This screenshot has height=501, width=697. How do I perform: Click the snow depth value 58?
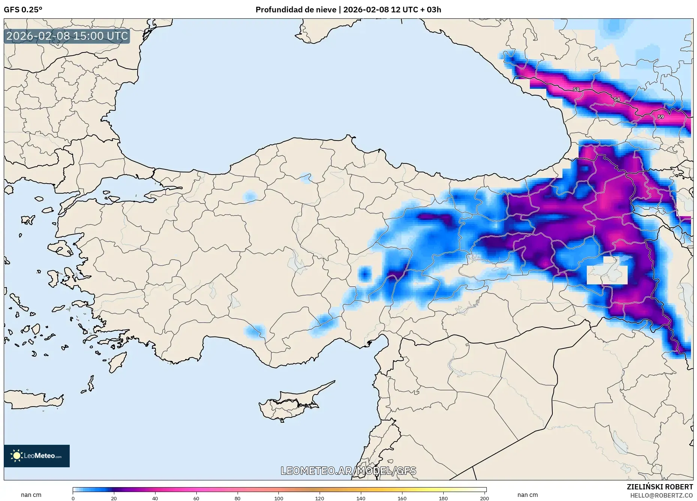(x=576, y=90)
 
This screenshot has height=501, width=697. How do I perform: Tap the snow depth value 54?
(x=617, y=99)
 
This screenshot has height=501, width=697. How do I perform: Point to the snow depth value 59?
(x=661, y=117)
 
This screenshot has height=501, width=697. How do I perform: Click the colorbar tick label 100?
(x=278, y=498)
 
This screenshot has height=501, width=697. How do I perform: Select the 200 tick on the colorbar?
(x=484, y=498)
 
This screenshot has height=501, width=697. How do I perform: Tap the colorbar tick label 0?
(x=73, y=498)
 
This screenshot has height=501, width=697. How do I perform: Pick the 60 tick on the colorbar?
(x=196, y=498)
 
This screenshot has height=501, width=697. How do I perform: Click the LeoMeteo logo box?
(x=37, y=456)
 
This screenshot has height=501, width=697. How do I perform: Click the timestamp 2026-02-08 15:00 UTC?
(x=67, y=36)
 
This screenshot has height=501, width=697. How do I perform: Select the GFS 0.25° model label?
(x=23, y=10)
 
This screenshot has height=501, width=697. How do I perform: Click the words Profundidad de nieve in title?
(x=296, y=10)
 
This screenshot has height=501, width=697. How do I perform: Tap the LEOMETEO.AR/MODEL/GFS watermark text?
(x=348, y=471)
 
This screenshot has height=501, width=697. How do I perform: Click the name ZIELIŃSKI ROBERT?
(x=660, y=487)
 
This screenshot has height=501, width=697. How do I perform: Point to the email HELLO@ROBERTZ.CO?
(x=661, y=495)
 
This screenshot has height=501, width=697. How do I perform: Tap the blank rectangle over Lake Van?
(x=607, y=275)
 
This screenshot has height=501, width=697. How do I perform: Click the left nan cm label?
(x=31, y=495)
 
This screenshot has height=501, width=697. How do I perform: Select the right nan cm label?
(x=527, y=495)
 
